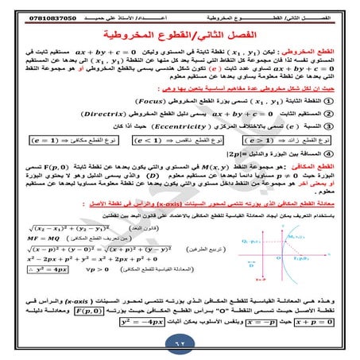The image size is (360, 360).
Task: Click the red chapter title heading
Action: pos(179,37)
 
